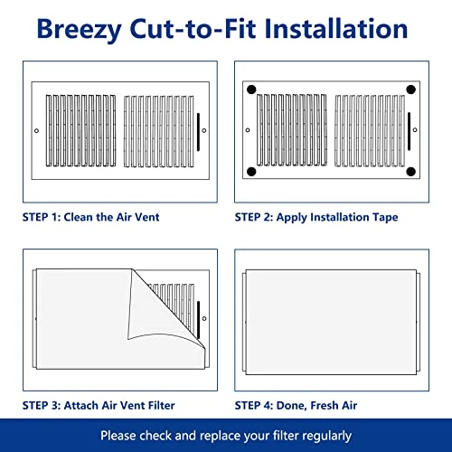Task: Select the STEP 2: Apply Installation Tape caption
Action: click(x=315, y=217)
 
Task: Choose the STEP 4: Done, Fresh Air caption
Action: click(x=296, y=405)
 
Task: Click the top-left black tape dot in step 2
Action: click(x=251, y=89)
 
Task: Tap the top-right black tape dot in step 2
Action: click(x=411, y=89)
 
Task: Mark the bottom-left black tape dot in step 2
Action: click(x=251, y=172)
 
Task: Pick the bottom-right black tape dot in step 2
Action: click(x=411, y=172)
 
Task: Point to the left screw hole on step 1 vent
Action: click(x=35, y=130)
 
